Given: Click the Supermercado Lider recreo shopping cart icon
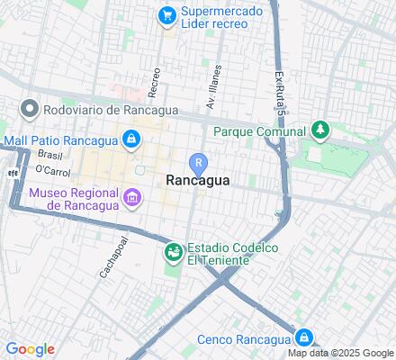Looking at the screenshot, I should point(166,14).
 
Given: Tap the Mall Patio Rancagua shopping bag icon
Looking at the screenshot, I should point(131,139).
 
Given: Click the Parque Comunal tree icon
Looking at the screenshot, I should point(319,131).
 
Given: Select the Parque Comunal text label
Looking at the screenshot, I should point(260,131).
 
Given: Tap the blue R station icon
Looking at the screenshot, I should point(198,163).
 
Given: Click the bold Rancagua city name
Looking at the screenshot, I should point(198,180).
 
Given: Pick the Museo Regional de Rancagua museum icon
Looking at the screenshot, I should point(132,197).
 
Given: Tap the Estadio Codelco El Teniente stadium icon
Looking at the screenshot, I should point(172,254).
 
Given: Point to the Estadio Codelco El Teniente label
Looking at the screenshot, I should point(231,254).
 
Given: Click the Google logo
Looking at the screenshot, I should point(30,349).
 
